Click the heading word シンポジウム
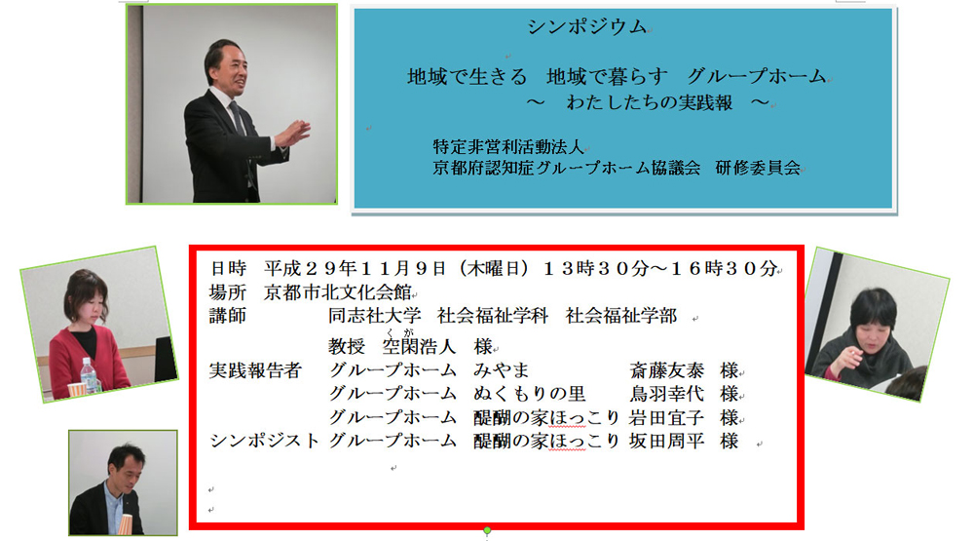pyautogui.click(x=587, y=26)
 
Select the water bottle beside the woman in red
pyautogui.click(x=89, y=376)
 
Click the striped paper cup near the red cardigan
pyautogui.click(x=76, y=390)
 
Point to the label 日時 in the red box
pyautogui.click(x=228, y=269)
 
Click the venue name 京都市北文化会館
pyautogui.click(x=337, y=292)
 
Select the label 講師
pyautogui.click(x=227, y=316)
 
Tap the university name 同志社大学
pyautogui.click(x=375, y=316)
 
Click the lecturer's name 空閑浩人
pyautogui.click(x=419, y=346)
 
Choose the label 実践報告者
pyautogui.click(x=254, y=370)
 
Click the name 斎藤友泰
pyautogui.click(x=666, y=370)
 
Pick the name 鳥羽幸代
pyautogui.click(x=666, y=394)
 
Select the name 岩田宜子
pyautogui.click(x=666, y=417)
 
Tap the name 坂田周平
pyautogui.click(x=666, y=441)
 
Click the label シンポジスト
pyautogui.click(x=264, y=441)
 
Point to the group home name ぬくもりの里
pyautogui.click(x=529, y=394)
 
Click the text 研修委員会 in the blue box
pyautogui.click(x=758, y=168)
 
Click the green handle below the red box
pyautogui.click(x=487, y=530)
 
